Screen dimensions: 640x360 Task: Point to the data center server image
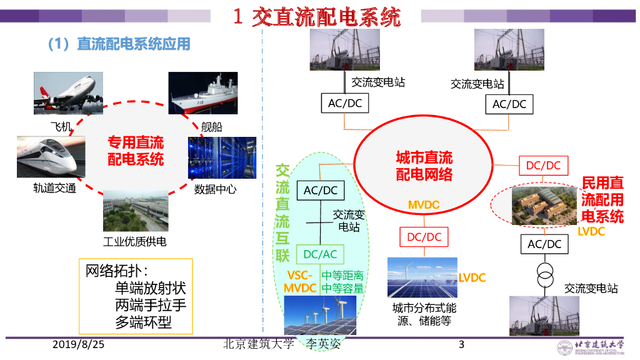[x=222, y=157]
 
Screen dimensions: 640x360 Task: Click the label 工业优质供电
[x=135, y=241]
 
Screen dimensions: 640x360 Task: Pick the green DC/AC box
[x=320, y=254]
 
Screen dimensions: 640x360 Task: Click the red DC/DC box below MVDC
[x=424, y=237]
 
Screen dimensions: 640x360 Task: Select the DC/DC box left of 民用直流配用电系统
[x=543, y=166]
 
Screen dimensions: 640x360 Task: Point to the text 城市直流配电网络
[x=424, y=166]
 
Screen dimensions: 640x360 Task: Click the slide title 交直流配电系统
[x=317, y=17]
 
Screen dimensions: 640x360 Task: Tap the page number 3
[x=461, y=344]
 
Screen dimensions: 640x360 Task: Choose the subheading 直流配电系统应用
[x=132, y=44]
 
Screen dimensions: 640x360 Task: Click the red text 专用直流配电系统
[x=136, y=152]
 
